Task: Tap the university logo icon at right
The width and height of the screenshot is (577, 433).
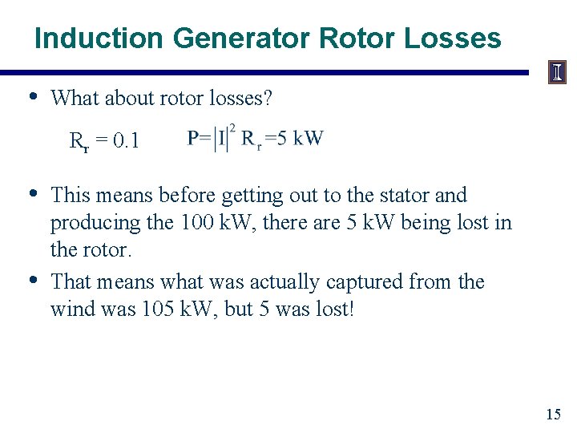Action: (557, 73)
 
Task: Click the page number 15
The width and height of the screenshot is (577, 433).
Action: (553, 415)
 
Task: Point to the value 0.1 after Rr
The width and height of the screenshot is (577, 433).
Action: (127, 142)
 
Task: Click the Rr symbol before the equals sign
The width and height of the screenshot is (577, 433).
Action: (79, 143)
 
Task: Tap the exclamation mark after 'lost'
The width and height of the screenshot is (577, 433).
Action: (350, 309)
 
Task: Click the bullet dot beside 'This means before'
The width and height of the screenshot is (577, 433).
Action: (33, 193)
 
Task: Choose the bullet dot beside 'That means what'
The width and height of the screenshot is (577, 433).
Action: (33, 280)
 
